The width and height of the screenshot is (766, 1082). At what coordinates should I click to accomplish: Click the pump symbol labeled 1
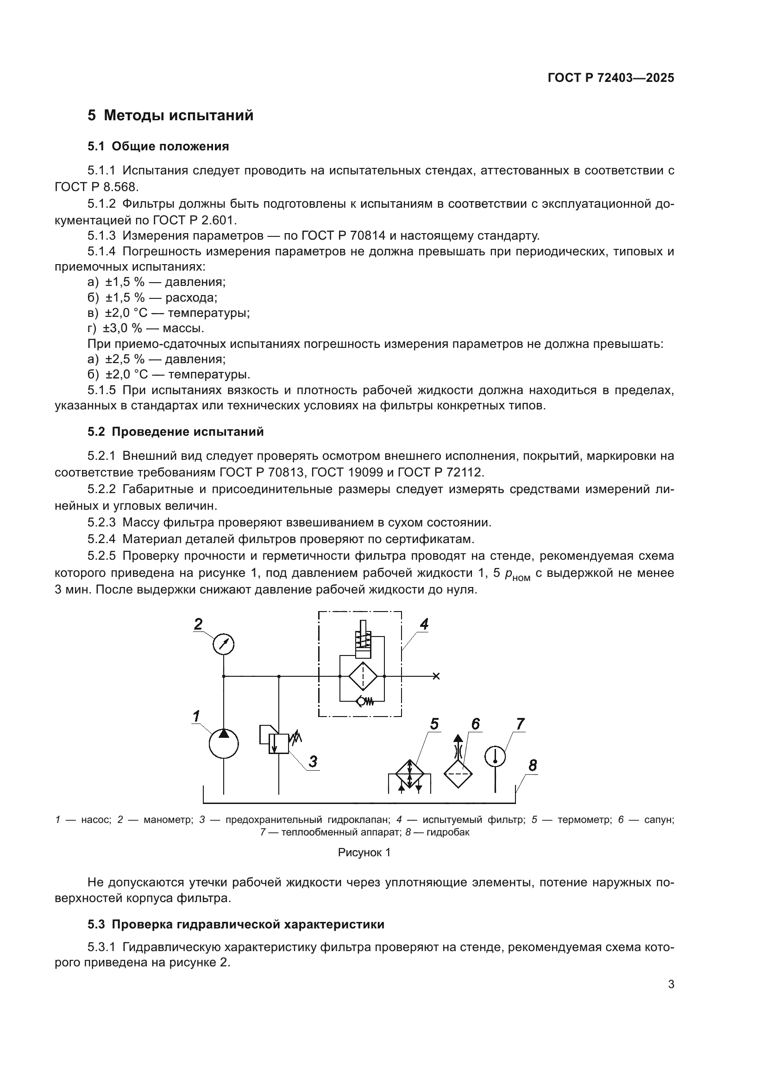click(x=224, y=743)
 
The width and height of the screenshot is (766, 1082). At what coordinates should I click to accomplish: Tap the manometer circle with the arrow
click(x=224, y=645)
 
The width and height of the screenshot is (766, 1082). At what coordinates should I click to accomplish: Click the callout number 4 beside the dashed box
click(x=424, y=624)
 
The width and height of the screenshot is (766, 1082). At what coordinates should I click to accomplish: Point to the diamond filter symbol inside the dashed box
click(x=362, y=676)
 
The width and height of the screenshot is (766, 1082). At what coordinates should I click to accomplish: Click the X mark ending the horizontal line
click(x=436, y=676)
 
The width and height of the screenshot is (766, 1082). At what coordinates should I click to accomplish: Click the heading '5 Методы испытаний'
click(x=170, y=116)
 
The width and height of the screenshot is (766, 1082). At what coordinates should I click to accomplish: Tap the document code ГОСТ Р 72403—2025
click(x=611, y=78)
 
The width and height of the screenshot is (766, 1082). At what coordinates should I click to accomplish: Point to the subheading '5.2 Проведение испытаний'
click(x=176, y=432)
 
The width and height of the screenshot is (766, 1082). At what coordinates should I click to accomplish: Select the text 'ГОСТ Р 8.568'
click(x=96, y=186)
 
